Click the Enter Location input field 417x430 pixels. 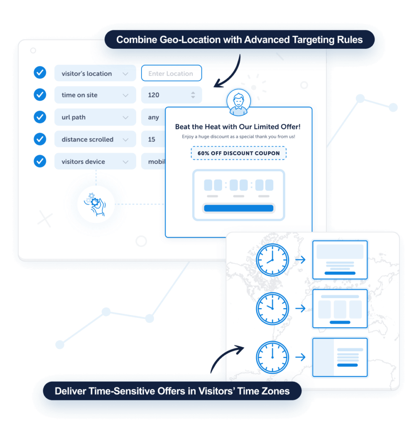tap(171, 73)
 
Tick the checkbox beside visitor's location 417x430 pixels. tap(40, 73)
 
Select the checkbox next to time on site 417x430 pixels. tap(40, 95)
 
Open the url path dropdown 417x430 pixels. tap(95, 118)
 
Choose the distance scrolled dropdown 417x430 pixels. tap(95, 139)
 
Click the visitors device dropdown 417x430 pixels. tap(95, 162)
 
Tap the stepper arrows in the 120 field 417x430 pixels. tap(193, 95)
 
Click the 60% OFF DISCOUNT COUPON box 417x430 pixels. tap(239, 153)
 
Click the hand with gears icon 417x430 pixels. tap(96, 205)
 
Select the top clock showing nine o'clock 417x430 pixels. tap(273, 260)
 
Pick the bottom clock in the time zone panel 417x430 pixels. tap(273, 357)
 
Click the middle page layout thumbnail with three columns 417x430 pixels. tap(340, 309)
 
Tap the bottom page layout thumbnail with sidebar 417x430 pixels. tap(340, 357)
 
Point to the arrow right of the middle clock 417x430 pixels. tap(300, 309)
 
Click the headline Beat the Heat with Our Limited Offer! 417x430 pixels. tap(238, 127)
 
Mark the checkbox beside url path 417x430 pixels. tap(40, 117)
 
